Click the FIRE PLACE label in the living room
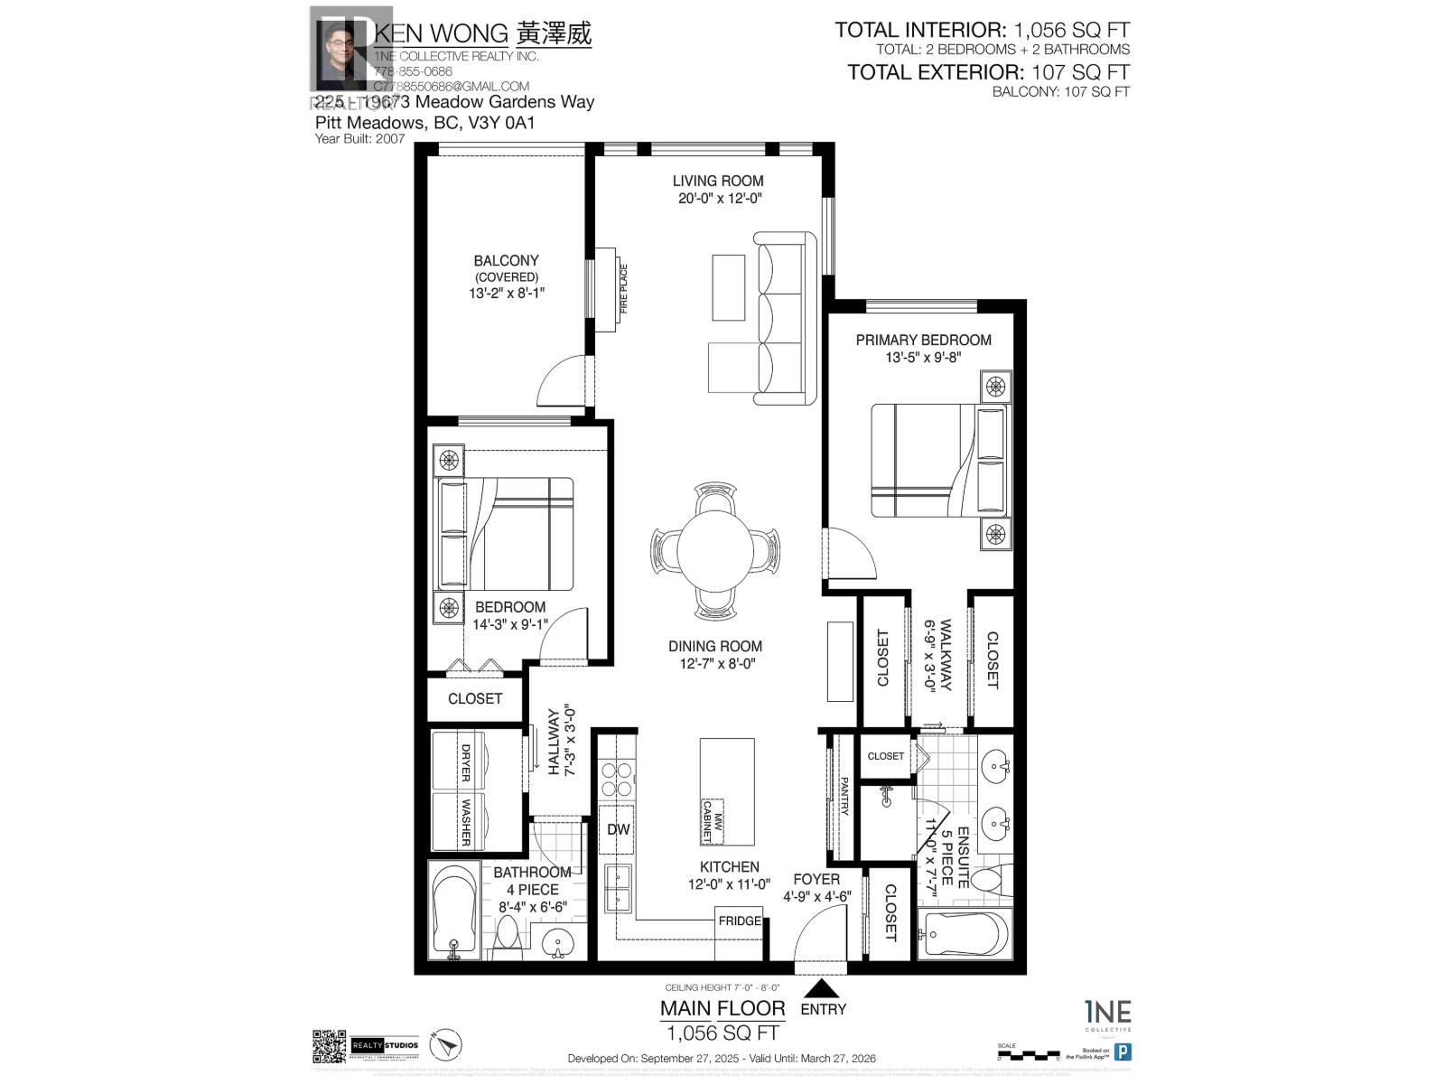tap(622, 288)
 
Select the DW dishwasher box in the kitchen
tap(618, 829)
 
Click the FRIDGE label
tap(739, 920)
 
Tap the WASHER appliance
tap(465, 821)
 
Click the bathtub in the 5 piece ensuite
tap(960, 934)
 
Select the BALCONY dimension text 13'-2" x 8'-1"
tap(507, 293)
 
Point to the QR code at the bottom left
tap(329, 1046)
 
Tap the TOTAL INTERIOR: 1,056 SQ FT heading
tap(982, 30)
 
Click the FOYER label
tap(816, 879)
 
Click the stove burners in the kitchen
tap(618, 779)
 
